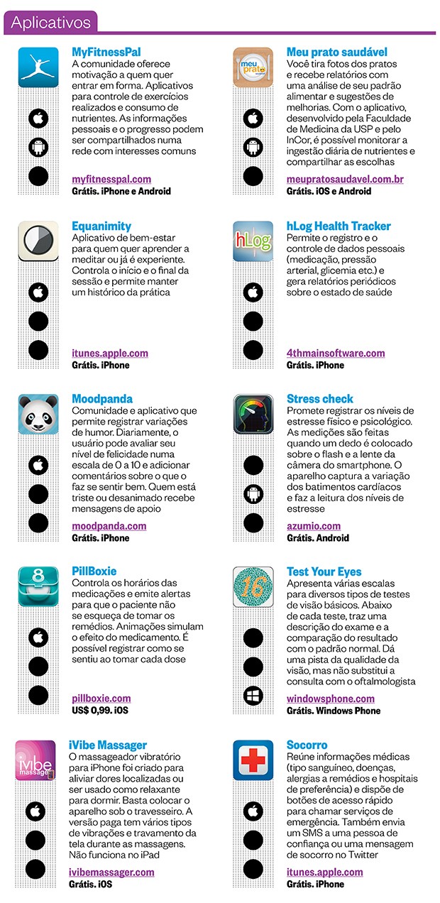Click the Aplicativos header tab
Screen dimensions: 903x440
pyautogui.click(x=50, y=22)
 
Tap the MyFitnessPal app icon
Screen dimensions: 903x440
pyautogui.click(x=38, y=68)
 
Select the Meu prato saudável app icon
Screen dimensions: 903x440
pyautogui.click(x=253, y=68)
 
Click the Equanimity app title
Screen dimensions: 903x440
pyautogui.click(x=101, y=226)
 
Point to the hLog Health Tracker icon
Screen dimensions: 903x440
pyautogui.click(x=253, y=242)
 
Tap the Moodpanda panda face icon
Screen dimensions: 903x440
pyautogui.click(x=38, y=415)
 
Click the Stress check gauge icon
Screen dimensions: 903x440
pyautogui.click(x=253, y=415)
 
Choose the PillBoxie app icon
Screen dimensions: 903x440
pyautogui.click(x=38, y=586)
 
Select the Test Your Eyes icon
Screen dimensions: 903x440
pyautogui.click(x=253, y=586)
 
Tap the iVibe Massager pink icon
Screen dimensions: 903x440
pyautogui.click(x=35, y=760)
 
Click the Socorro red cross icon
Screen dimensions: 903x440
pyautogui.click(x=253, y=760)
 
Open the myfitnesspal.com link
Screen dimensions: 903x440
pyautogui.click(x=111, y=180)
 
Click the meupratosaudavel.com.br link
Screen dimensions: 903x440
pyautogui.click(x=345, y=180)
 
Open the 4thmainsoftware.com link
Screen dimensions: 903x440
pyautogui.click(x=336, y=353)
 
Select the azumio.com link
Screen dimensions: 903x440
pyautogui.click(x=314, y=526)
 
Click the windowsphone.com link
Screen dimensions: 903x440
pyautogui.click(x=331, y=699)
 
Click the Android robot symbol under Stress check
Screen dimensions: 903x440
pyautogui.click(x=253, y=493)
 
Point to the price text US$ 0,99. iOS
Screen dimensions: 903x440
pyautogui.click(x=100, y=711)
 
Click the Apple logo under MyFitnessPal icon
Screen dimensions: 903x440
pyautogui.click(x=38, y=118)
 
